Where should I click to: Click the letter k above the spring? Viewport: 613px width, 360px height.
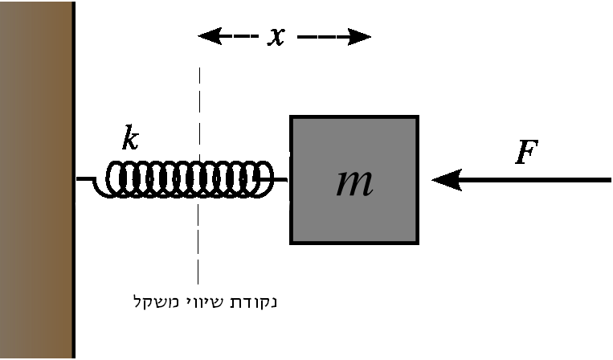pyautogui.click(x=130, y=139)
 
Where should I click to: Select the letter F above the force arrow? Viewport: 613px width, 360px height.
pyautogui.click(x=525, y=153)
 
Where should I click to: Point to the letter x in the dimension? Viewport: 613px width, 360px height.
pyautogui.click(x=276, y=37)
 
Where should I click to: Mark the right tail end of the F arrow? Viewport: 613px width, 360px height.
pyautogui.click(x=609, y=180)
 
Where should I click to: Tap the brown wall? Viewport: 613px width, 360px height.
pyautogui.click(x=35, y=180)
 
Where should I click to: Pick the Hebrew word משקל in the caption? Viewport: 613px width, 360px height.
pyautogui.click(x=153, y=302)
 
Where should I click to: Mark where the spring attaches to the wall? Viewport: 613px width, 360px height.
pyautogui.click(x=77, y=179)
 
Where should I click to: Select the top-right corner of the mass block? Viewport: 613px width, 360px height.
pyautogui.click(x=417, y=117)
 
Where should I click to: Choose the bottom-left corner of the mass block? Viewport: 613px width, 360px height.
pyautogui.click(x=292, y=242)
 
